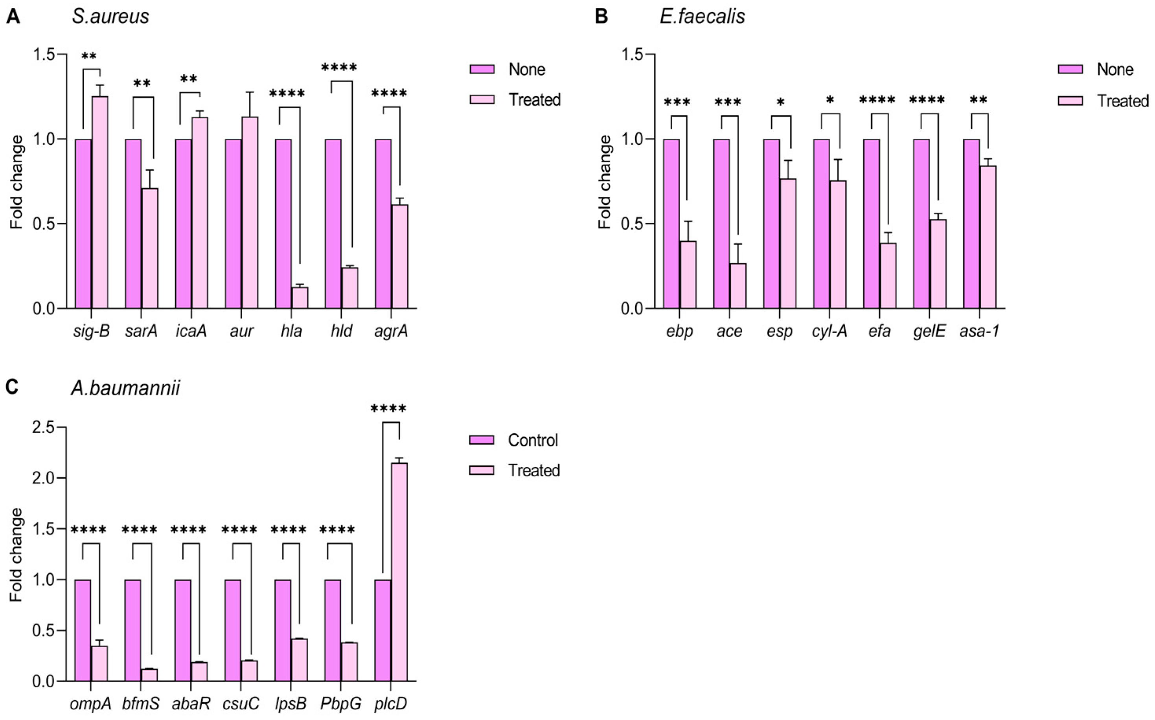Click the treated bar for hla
(x=300, y=298)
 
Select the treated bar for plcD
(x=399, y=571)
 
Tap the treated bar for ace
(x=738, y=286)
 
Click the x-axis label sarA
(x=141, y=331)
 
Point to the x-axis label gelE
(x=929, y=331)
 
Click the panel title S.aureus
(x=110, y=17)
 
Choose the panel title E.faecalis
(x=702, y=17)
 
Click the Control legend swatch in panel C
(x=482, y=440)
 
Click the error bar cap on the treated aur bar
(x=250, y=92)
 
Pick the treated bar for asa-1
(x=988, y=237)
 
